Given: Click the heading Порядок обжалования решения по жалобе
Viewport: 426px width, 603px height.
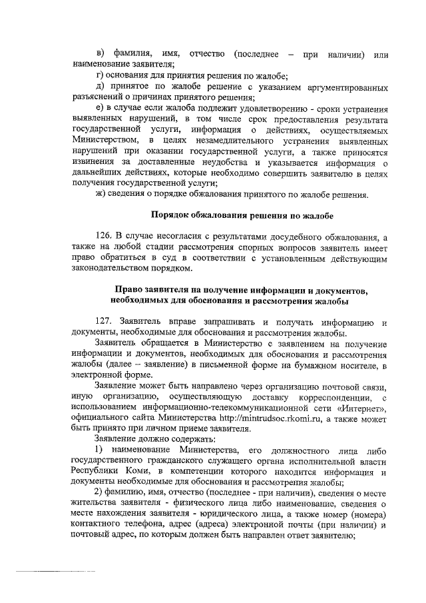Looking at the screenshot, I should coord(241,215).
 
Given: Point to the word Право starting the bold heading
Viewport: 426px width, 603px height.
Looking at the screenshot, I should coord(130,291).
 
